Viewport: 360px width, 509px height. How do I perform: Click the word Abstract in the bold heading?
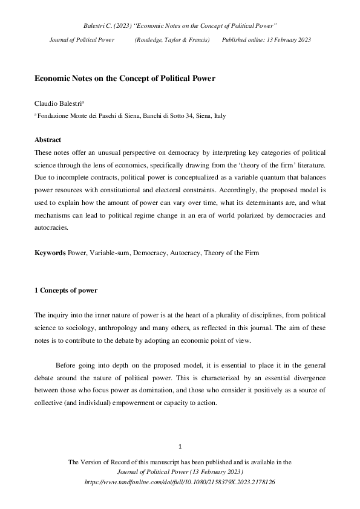(48, 140)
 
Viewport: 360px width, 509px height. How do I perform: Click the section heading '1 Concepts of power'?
(66, 291)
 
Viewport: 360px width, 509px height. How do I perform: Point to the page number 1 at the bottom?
(180, 447)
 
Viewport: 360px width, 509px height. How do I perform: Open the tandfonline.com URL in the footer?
(180, 482)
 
